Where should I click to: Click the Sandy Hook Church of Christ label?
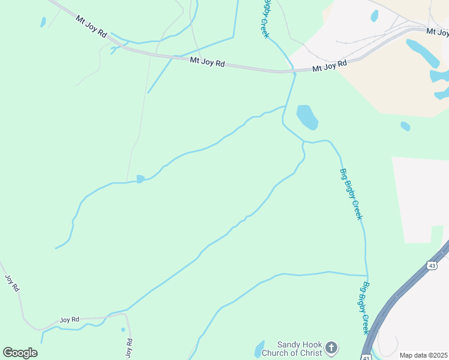tap(292, 349)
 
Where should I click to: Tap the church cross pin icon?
tap(331, 347)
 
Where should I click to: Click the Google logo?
tap(20, 352)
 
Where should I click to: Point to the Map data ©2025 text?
tap(423, 355)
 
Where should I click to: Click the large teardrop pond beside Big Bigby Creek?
tap(307, 116)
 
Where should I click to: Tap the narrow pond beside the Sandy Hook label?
tap(259, 349)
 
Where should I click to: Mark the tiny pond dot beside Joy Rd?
tap(123, 329)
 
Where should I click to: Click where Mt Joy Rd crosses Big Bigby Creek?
tap(294, 71)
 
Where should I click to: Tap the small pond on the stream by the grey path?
tap(140, 179)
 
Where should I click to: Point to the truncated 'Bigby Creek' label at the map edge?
tap(265, 18)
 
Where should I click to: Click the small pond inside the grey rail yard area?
tap(375, 16)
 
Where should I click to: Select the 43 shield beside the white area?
tap(432, 265)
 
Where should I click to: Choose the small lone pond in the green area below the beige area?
tap(405, 126)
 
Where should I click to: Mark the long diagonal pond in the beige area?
tap(423, 53)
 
